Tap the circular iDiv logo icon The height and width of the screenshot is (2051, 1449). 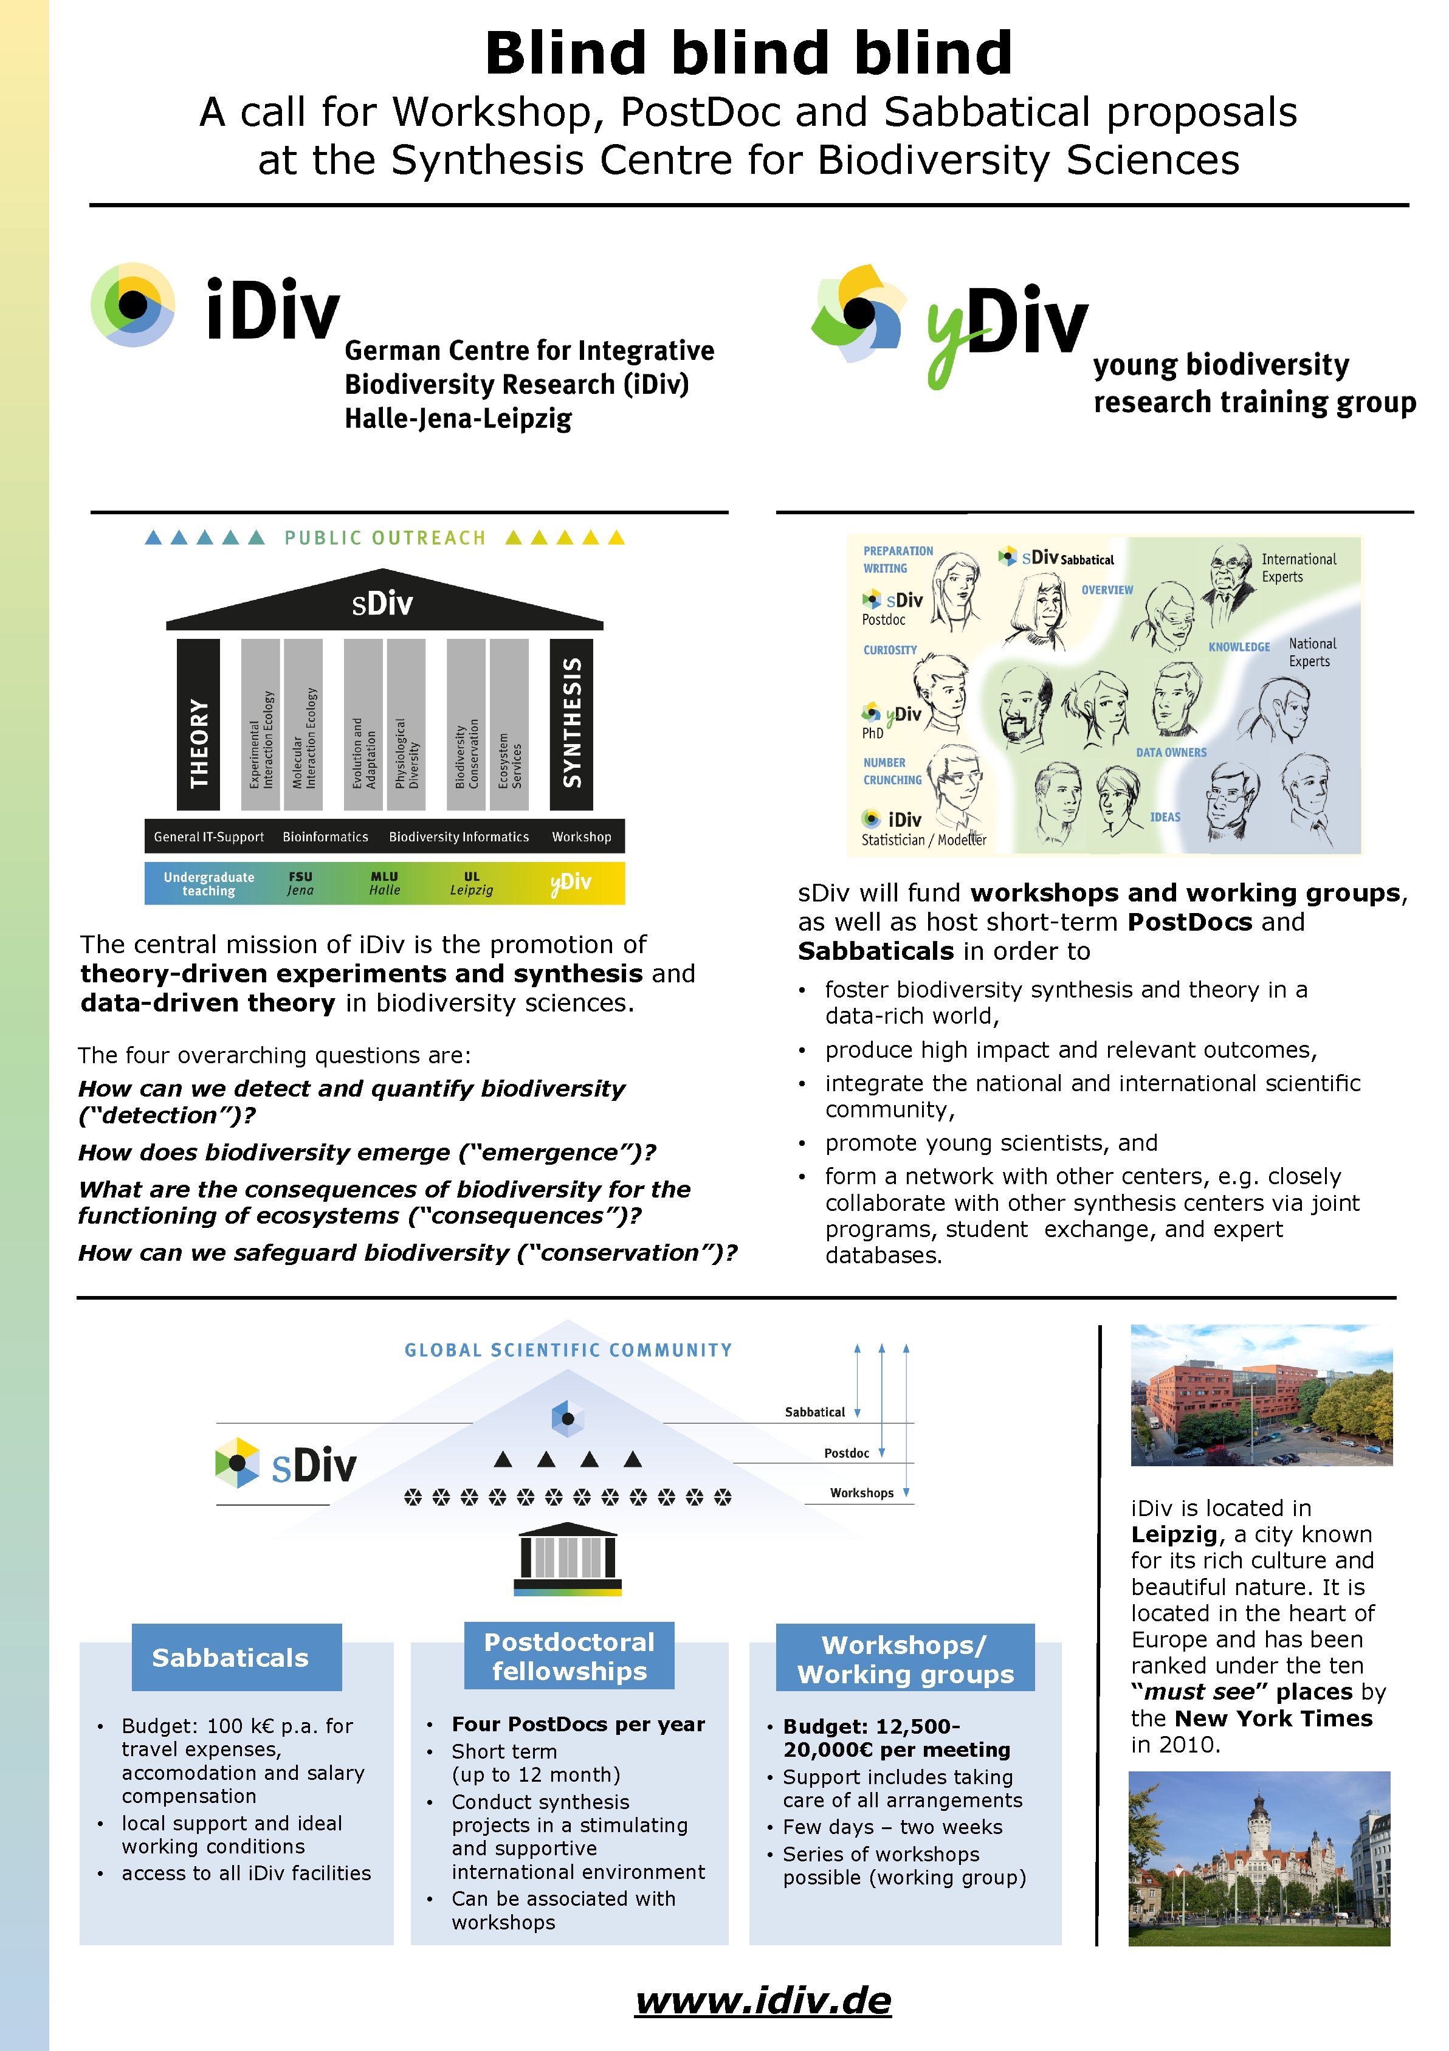[x=133, y=305]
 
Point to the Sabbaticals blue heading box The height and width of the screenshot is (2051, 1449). [x=236, y=1657]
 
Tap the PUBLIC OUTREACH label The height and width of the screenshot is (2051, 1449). [x=385, y=538]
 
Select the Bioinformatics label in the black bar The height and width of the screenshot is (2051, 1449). [x=325, y=837]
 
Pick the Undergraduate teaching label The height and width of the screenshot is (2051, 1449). [x=209, y=883]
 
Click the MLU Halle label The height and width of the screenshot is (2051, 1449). [x=385, y=883]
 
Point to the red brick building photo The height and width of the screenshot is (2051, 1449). [x=1261, y=1394]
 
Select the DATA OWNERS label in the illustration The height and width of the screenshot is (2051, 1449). [x=1170, y=752]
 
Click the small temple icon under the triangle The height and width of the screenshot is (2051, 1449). [x=567, y=1557]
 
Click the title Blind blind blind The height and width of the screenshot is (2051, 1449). [x=749, y=53]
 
